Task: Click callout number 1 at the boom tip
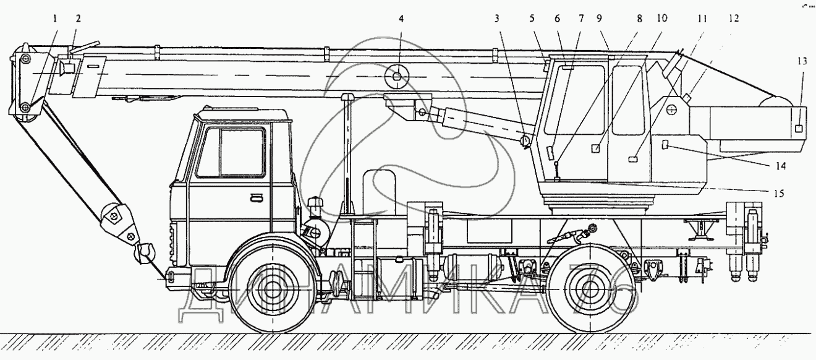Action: [55, 19]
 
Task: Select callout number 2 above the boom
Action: [78, 19]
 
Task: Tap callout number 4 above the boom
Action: [401, 19]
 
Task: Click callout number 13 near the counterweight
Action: [802, 61]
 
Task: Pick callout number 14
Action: [781, 166]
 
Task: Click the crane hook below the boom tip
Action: [147, 252]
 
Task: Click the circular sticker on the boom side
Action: [395, 77]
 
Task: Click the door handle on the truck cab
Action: [255, 197]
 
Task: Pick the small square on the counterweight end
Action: [798, 128]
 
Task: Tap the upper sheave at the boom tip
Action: [25, 58]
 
